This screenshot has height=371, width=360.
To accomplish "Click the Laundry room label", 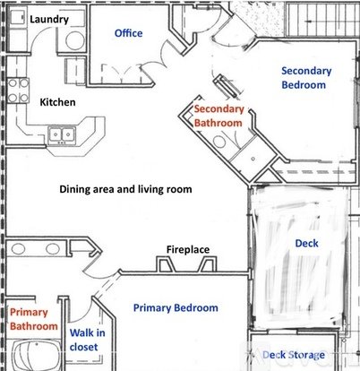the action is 49,20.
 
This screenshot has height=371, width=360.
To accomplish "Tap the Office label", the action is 128,33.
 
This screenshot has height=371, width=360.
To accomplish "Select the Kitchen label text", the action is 57,102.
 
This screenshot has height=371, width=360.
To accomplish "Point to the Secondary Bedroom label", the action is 306,78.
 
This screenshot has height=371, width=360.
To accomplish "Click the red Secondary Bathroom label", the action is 219,116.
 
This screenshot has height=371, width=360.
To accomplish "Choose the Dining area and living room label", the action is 125,189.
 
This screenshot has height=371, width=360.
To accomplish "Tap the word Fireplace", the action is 188,249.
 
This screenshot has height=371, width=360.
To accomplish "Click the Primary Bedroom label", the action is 176,308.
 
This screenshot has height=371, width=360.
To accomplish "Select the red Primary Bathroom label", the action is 34,319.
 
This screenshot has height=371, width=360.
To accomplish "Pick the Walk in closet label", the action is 87,340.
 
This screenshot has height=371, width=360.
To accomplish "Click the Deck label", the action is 306,244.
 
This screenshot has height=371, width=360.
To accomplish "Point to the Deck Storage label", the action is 294,355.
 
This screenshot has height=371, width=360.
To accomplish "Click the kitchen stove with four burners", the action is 18,91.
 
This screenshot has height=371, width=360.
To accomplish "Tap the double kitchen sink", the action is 62,135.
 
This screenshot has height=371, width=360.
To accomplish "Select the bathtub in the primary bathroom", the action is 37,357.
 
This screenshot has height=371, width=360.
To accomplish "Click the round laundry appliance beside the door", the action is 74,40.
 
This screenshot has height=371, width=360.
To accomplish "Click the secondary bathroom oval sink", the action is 220,142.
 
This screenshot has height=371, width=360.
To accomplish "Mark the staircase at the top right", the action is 322,20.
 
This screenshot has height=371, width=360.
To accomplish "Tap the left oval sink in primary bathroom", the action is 18,249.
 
